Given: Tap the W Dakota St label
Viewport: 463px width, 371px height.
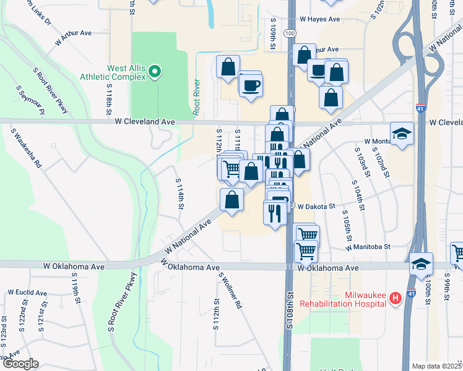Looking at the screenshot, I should (x=316, y=207).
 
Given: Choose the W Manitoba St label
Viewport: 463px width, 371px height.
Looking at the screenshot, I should (x=368, y=246).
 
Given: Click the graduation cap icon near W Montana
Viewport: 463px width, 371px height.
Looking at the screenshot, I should (x=402, y=134).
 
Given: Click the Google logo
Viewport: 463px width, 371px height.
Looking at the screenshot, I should (x=20, y=364).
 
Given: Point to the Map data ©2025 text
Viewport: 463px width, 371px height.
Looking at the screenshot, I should (x=436, y=366).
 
